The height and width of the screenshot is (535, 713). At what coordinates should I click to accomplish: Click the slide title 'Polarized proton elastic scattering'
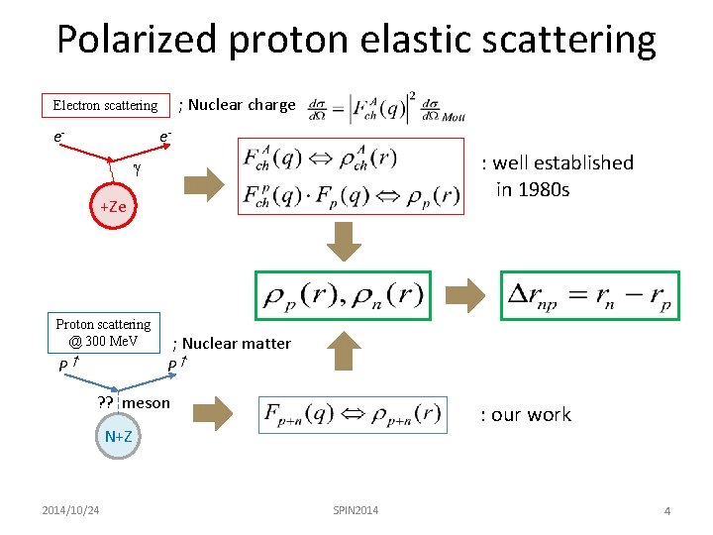(x=356, y=40)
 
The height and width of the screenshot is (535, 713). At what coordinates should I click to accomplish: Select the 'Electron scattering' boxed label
(x=105, y=105)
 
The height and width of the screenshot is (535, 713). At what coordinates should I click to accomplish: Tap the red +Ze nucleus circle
(x=113, y=207)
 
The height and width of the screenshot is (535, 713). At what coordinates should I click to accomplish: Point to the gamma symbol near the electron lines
(x=137, y=169)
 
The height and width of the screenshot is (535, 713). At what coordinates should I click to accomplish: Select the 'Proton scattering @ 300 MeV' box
(x=103, y=333)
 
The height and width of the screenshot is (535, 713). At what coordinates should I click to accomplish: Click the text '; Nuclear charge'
(x=237, y=104)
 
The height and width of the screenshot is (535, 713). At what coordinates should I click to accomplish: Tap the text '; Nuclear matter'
(x=232, y=344)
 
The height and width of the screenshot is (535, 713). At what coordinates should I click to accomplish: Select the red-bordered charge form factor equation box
(x=352, y=176)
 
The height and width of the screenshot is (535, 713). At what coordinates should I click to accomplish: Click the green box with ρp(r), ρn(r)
(x=343, y=294)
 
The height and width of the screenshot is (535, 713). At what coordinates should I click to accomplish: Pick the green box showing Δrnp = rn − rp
(x=589, y=294)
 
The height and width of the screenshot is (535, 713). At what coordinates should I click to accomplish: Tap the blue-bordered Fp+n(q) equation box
(x=352, y=414)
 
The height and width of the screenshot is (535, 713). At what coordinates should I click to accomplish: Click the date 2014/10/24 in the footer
(x=70, y=509)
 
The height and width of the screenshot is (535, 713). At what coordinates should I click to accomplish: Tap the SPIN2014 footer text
(x=356, y=509)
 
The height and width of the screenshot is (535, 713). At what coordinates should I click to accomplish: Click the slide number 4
(x=667, y=510)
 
